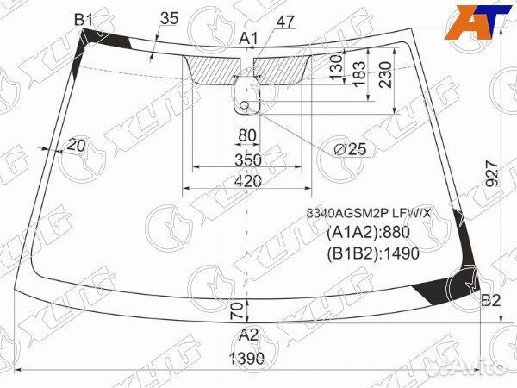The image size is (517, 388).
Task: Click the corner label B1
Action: coord(84,19)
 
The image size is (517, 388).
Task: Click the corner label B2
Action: coord(490,300)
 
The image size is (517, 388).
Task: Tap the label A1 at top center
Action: coord(249,38)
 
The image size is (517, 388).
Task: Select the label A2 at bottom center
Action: coord(248,335)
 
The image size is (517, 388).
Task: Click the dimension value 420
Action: coord(247,182)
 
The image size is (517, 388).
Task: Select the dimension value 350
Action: coord(247,160)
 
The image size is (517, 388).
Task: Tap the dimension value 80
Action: coord(247,135)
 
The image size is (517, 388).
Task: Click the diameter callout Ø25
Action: coord(350,149)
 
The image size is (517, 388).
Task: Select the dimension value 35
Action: coord(169,17)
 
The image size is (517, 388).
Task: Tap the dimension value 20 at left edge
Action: coord(76,146)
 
